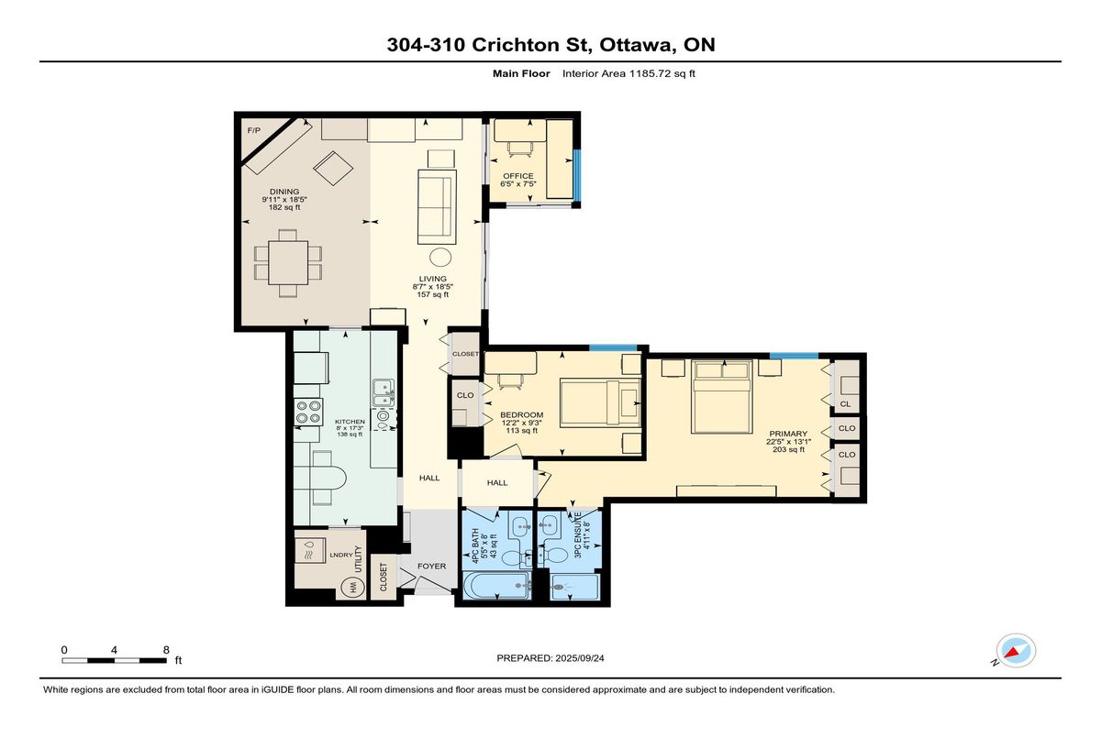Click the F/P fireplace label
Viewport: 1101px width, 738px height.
point(253,130)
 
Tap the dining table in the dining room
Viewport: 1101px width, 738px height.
point(288,263)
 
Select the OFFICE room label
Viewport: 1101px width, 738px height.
point(518,176)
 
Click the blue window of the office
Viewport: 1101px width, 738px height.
point(577,175)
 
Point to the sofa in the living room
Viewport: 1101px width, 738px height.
point(437,206)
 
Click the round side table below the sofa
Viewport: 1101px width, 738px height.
point(440,257)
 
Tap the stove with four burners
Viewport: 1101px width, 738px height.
point(308,412)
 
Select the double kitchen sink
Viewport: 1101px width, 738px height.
point(384,392)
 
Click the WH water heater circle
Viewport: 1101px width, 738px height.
point(353,587)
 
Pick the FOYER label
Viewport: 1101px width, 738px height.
point(432,567)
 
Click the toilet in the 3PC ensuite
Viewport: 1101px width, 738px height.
point(555,556)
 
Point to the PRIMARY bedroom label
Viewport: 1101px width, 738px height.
point(788,434)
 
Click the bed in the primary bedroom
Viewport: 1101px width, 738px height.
point(721,397)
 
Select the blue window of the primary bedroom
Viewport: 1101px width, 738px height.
point(794,356)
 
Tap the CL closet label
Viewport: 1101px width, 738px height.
point(845,404)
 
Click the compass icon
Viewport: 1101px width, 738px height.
point(1016,651)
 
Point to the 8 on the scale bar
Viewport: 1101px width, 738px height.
point(166,650)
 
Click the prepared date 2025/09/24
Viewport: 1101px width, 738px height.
point(580,658)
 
